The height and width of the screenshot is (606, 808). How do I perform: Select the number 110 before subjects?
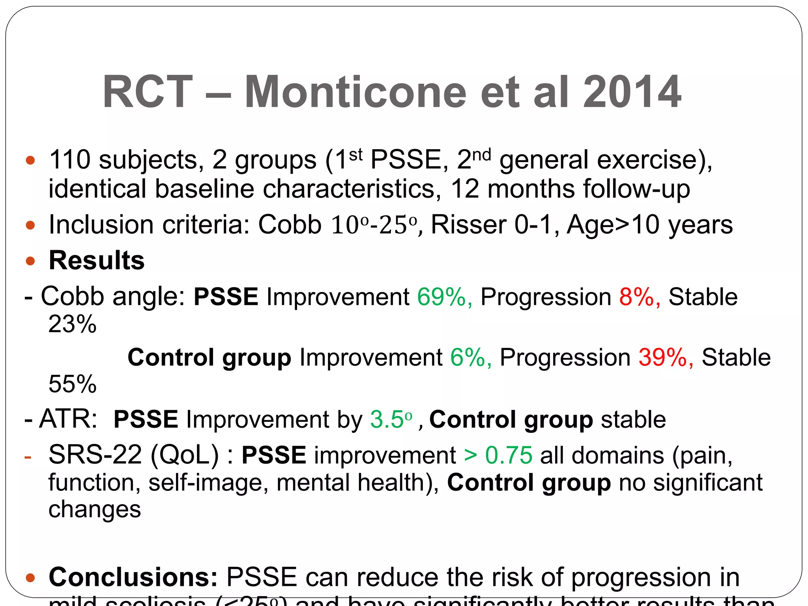(x=69, y=160)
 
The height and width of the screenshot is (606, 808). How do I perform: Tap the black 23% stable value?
(x=72, y=324)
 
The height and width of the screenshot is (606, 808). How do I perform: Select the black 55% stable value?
(x=72, y=384)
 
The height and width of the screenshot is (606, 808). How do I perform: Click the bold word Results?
(x=97, y=260)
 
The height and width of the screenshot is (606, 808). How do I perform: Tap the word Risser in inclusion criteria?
(x=468, y=225)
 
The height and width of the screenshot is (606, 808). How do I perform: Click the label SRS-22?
(x=95, y=455)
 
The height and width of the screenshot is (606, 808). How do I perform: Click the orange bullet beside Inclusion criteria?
(x=30, y=225)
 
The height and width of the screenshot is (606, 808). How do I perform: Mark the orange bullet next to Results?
(x=30, y=261)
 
